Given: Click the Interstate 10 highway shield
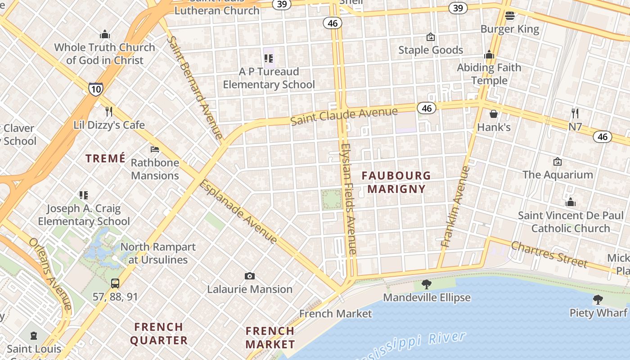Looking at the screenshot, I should pos(95,89).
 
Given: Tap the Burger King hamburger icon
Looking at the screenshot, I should pos(509,16).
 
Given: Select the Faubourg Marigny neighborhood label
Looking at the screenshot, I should pos(396,182).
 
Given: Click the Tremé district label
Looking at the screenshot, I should pos(105,158).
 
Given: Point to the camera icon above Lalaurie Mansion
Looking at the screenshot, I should pos(249,276).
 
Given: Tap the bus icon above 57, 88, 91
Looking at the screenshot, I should pos(115,283).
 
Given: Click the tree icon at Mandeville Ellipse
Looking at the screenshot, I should pos(426,284).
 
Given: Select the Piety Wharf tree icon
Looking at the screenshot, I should pos(598,299).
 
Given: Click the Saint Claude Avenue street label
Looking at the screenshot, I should pos(344,116).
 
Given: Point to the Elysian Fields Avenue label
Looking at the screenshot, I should pos(349,199).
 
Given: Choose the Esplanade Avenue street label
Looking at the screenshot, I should pos(238,211).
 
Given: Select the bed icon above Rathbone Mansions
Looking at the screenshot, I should pos(155,149).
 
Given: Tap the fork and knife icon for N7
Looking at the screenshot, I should pos(575,113).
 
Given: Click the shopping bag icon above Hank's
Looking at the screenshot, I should pos(494,114).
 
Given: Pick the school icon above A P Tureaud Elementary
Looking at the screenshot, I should pos(269,58).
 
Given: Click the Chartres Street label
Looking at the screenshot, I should pos(549,254).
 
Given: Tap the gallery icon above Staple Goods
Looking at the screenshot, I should pos(431,37).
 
